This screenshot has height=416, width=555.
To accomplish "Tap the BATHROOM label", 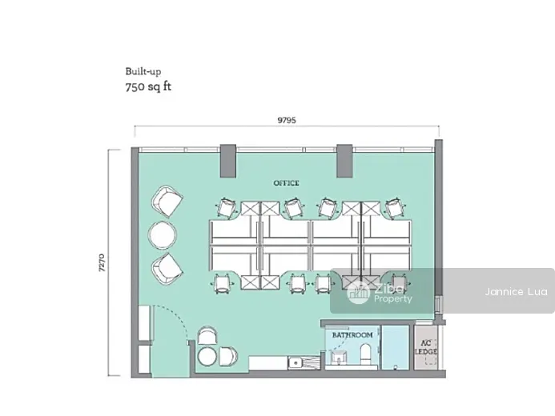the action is pos(352,334).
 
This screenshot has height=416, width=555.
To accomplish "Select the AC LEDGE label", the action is pos(426,347).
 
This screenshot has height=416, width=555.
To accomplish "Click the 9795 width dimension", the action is pos(287,120).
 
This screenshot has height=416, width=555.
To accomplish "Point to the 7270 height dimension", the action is pos(102,262).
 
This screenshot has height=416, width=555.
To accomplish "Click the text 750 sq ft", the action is pos(148,86).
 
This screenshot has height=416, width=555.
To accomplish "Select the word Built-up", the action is pos(143,71).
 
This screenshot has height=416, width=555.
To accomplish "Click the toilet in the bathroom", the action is pos(365,354).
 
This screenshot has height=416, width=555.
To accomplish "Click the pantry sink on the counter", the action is pos(295,362).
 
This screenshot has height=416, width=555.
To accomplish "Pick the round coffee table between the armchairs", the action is pos(163,234).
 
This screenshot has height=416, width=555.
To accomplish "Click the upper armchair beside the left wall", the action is pos(167,202).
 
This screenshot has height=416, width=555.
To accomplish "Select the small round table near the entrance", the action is pos(207,356).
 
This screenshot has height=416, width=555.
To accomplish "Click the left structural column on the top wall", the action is pos(228,161).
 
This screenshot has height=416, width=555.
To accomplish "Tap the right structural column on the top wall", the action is pos(344,161).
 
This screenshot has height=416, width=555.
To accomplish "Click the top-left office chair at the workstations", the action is pos(226,207).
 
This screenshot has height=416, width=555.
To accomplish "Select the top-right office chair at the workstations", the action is pos(395,207).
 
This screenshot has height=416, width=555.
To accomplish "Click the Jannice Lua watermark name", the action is pos(516,291).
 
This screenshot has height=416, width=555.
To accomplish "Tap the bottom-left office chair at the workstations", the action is pos(222,284).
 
